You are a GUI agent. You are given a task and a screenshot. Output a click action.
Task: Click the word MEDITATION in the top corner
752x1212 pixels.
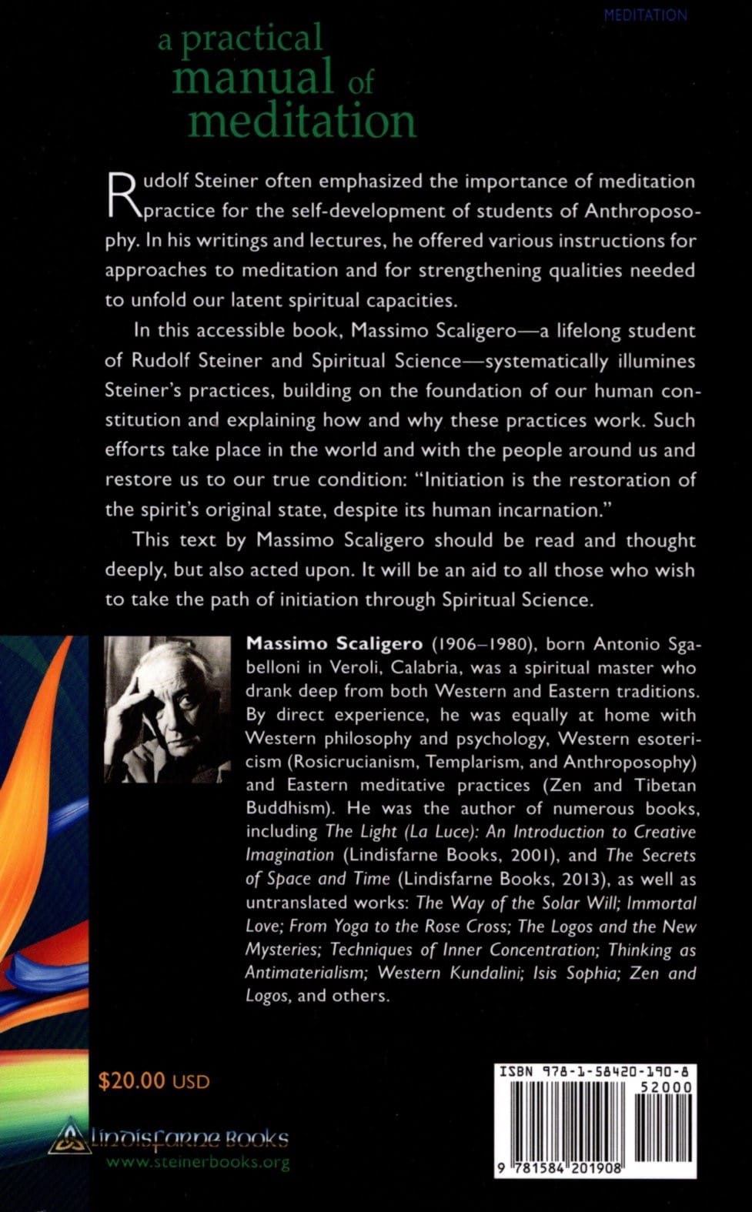tap(645, 15)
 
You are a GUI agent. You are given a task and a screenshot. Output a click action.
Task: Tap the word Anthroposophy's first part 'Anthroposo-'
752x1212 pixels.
tap(640, 210)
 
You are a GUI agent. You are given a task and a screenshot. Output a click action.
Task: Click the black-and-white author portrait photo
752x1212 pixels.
tap(167, 709)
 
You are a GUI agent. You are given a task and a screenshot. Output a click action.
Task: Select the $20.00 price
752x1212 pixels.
tap(132, 1080)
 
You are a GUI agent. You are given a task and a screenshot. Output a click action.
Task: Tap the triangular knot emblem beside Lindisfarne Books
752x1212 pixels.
tap(69, 1137)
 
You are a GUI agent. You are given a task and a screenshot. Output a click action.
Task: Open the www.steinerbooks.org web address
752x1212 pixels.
tap(198, 1162)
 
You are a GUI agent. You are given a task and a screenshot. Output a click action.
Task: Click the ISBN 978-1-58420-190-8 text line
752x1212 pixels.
tap(593, 1070)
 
